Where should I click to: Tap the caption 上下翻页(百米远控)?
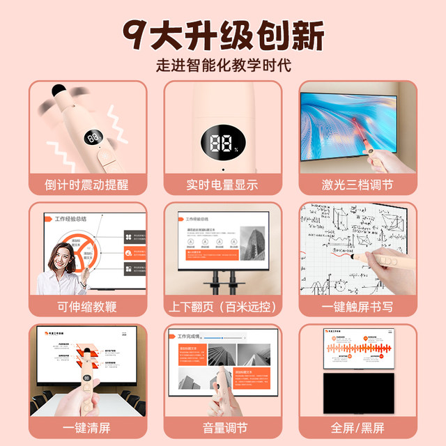click(x=223, y=306)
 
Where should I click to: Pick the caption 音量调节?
click(x=223, y=427)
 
